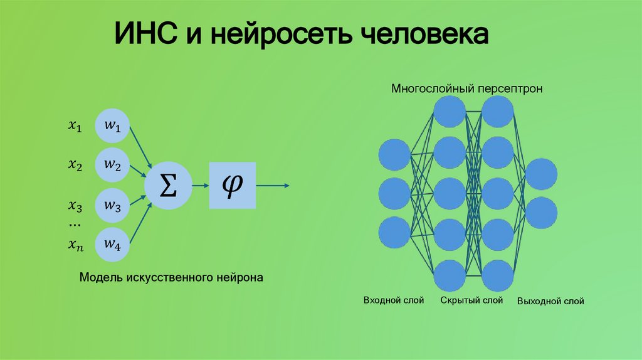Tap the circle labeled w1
[113, 126]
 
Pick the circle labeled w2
[113, 165]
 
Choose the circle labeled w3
[113, 205]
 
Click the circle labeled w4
[113, 244]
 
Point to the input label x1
[75, 127]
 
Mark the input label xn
[75, 245]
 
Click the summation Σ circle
[166, 185]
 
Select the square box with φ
[233, 185]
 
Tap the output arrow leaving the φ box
[273, 185]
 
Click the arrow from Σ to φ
[199, 185]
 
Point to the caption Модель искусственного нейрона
[171, 277]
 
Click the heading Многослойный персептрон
[467, 88]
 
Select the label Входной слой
[394, 300]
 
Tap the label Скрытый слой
[471, 300]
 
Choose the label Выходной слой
[550, 301]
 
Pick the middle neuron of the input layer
[394, 194]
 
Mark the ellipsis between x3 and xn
[75, 225]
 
